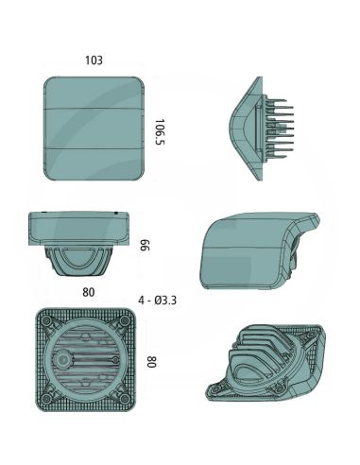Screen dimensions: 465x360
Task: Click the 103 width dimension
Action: coord(94,60)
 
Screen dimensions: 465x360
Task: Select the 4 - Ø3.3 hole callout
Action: coord(156,301)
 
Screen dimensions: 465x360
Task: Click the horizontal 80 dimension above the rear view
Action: coord(88,292)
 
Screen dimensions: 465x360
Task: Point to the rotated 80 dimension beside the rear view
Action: coord(151,362)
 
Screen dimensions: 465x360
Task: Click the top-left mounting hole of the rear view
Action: coord(43,319)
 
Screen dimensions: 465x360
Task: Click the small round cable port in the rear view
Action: coord(64,361)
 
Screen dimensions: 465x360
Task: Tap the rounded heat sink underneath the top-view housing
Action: coord(84,260)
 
